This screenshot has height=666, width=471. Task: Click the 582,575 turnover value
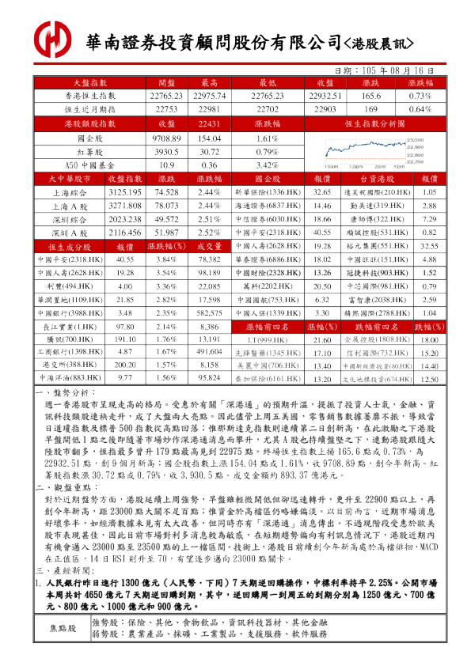tap(209, 312)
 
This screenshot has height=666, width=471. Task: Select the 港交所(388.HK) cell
tap(70, 365)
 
